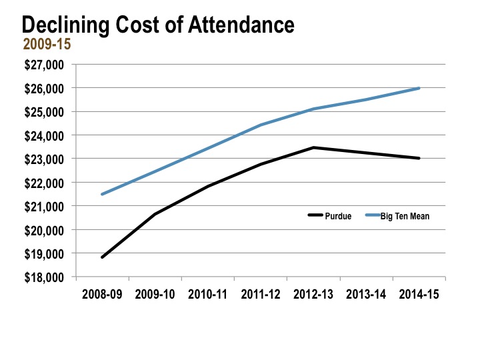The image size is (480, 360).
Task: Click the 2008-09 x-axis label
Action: [102, 294]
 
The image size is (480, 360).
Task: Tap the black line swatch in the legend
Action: [315, 215]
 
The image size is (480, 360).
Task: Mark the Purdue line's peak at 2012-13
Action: [313, 147]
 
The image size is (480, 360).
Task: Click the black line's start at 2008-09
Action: [102, 257]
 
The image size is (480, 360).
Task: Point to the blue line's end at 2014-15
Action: [419, 88]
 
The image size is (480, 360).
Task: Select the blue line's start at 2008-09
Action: [102, 194]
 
